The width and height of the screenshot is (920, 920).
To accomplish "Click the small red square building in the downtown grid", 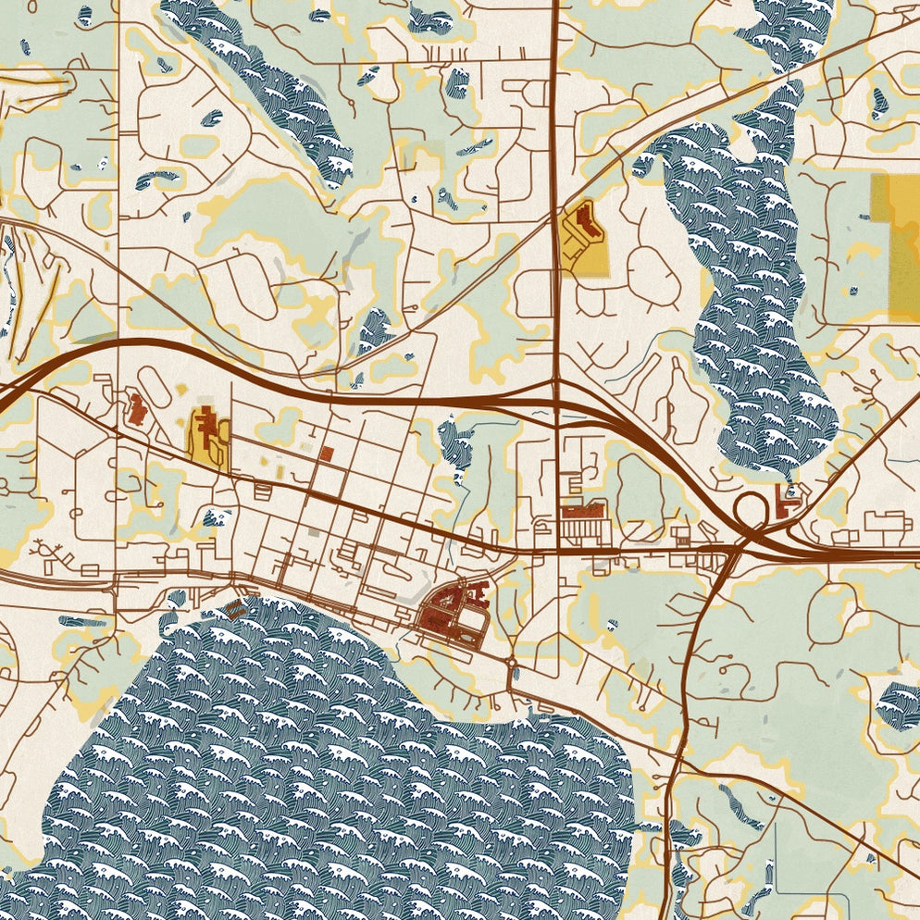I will [x=327, y=453].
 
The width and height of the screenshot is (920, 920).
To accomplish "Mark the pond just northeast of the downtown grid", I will [x=455, y=444].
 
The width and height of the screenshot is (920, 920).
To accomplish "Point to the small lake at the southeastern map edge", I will [x=898, y=703].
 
